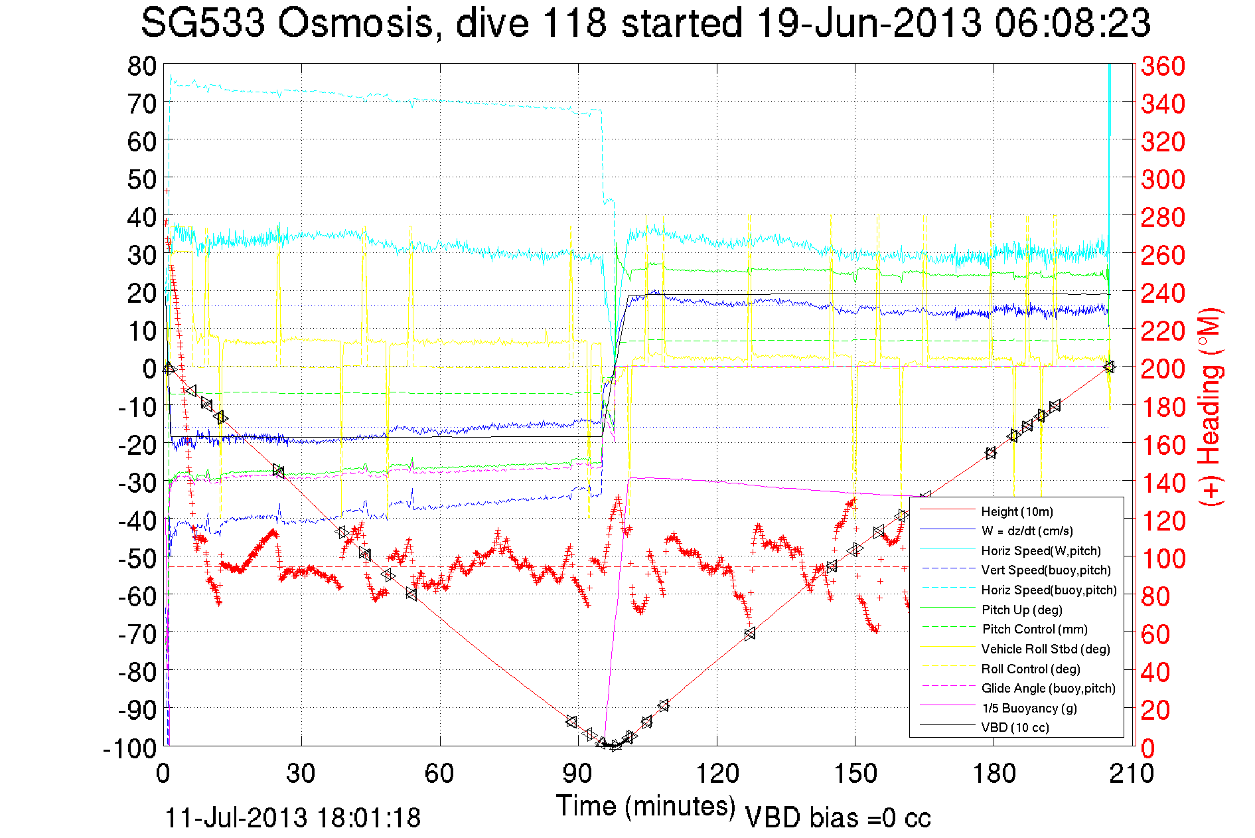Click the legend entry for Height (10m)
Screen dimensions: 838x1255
tap(1017, 511)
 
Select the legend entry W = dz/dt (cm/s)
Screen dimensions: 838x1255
tap(1027, 531)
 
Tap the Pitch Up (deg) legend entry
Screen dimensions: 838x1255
tap(1021, 610)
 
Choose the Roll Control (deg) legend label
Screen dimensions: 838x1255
tap(1031, 669)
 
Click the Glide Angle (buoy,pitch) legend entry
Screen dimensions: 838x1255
tap(1048, 689)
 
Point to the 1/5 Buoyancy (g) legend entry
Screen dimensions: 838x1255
tap(1029, 708)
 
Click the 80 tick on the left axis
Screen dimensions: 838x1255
tap(141, 66)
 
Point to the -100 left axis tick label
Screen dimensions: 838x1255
tap(130, 748)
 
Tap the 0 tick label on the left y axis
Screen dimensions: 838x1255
tap(149, 369)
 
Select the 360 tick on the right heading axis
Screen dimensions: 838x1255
tap(1162, 66)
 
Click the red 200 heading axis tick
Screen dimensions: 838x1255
tap(1162, 369)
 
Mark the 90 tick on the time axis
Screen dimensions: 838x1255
tap(577, 774)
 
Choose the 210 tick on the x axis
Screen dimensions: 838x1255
tap(1132, 774)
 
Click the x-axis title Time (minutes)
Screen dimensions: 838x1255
tap(646, 806)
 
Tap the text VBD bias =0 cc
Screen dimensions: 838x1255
tap(838, 818)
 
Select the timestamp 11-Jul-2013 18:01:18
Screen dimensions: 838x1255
tap(293, 818)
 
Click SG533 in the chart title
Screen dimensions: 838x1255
tap(203, 23)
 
